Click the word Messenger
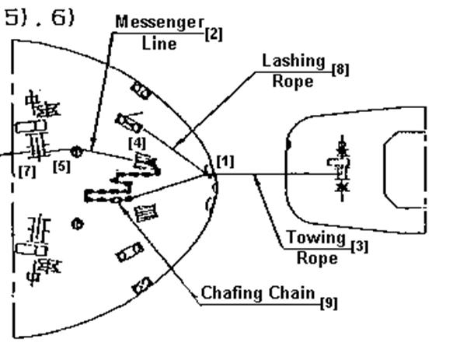pos(160,23)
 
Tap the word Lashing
pos(294,61)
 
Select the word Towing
pos(317,238)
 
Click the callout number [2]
pos(214,34)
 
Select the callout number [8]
pos(340,70)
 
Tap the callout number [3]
pos(360,247)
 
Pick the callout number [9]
pos(329,303)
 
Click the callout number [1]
pos(225,162)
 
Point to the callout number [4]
pos(138,143)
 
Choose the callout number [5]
pos(61,166)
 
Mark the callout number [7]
pos(27,172)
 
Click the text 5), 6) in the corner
pos(40,18)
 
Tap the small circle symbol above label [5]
pos(77,152)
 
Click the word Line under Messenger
pos(159,44)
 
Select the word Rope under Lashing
pos(293,82)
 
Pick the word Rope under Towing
pos(317,258)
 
